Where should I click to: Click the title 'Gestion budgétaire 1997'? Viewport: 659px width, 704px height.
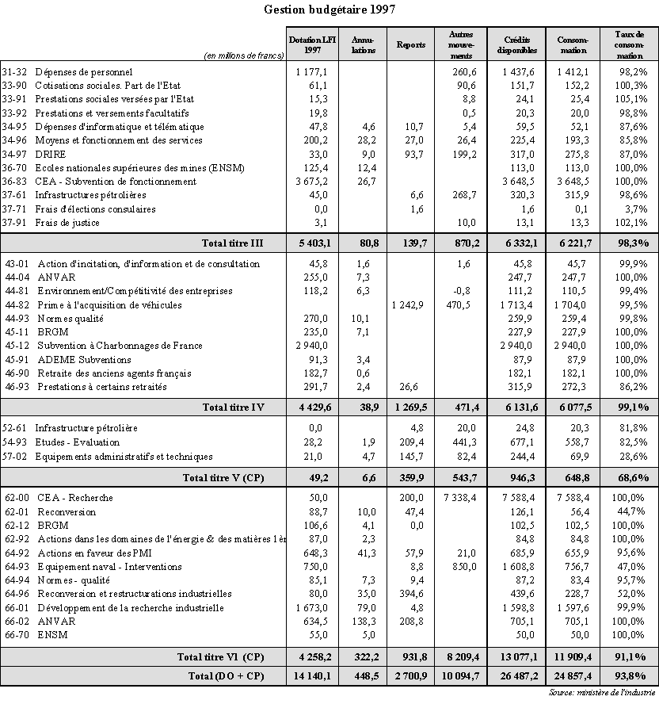tap(329, 10)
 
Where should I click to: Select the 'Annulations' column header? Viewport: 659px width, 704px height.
tap(364, 44)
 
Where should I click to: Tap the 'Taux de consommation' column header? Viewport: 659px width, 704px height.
tap(630, 45)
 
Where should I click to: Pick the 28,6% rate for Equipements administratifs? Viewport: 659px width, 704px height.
tap(634, 457)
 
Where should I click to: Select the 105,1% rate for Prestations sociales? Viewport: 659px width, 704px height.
tap(634, 100)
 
